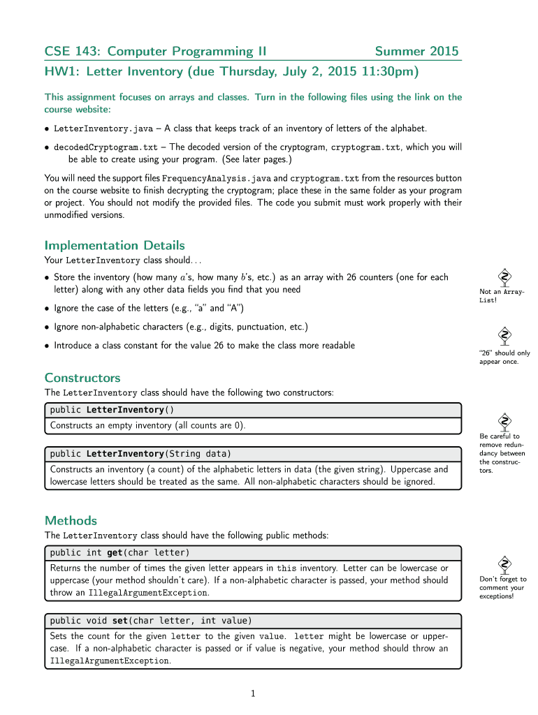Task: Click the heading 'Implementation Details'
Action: pos(115,245)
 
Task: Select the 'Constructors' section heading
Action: pos(82,378)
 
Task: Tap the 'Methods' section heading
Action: pos(71,520)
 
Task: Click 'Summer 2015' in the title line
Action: pos(416,51)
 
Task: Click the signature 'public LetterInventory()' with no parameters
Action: pos(112,409)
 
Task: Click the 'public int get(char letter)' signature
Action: pos(119,552)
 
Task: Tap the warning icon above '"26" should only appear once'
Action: pos(503,335)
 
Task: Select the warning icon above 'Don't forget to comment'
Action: pos(503,562)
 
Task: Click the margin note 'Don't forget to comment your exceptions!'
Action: pos(503,587)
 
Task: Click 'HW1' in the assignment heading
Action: pos(61,72)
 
